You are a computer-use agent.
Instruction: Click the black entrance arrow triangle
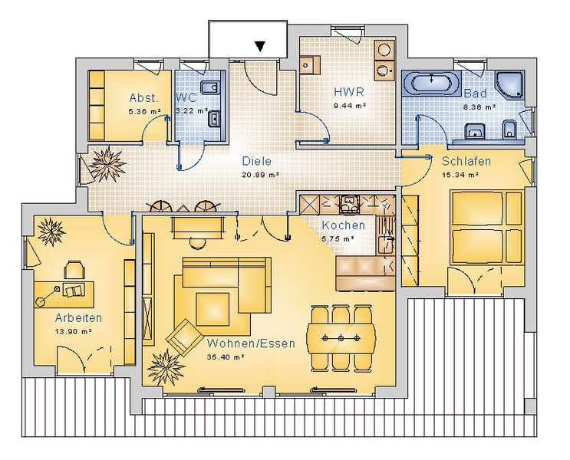(x=259, y=46)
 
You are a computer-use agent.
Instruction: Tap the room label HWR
(x=349, y=92)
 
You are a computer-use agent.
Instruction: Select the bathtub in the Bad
(x=431, y=83)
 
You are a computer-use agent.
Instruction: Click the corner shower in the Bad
(x=510, y=85)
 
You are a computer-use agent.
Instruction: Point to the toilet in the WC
(x=209, y=87)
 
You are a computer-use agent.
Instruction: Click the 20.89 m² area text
(x=260, y=175)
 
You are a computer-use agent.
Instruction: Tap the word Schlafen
(x=466, y=161)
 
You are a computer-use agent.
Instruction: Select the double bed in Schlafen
(x=486, y=227)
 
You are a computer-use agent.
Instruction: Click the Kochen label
(x=343, y=225)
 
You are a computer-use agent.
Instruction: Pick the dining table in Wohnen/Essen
(x=341, y=338)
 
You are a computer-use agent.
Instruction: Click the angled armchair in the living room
(x=185, y=337)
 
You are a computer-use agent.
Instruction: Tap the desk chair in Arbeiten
(x=74, y=270)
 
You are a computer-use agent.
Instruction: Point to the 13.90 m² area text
(x=73, y=331)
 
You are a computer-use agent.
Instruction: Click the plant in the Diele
(x=107, y=164)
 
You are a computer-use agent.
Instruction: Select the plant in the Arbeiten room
(x=51, y=232)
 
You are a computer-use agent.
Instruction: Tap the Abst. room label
(x=144, y=97)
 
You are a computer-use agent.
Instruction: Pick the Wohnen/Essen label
(x=251, y=343)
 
